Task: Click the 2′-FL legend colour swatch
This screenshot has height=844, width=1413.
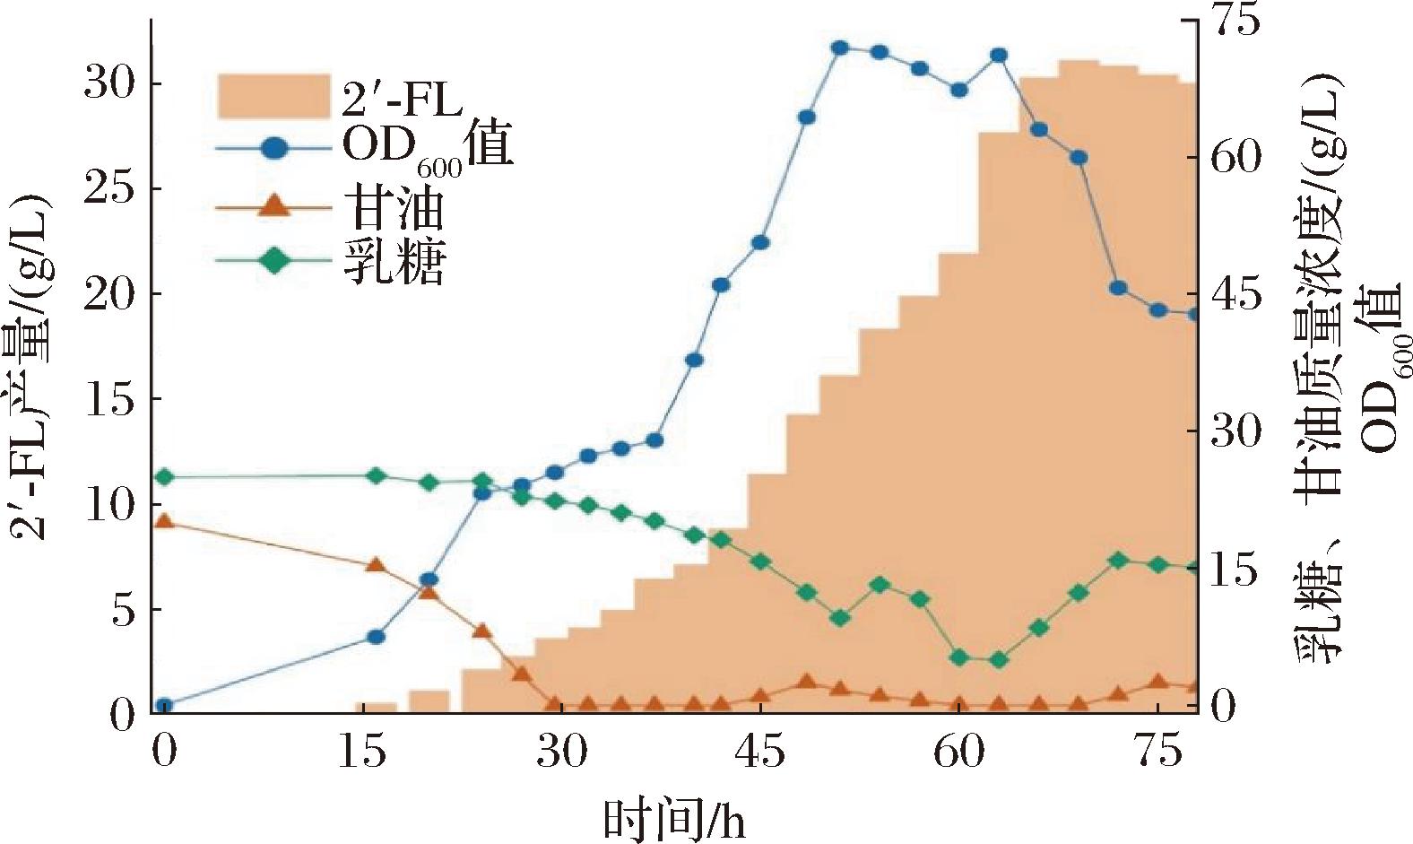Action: [274, 96]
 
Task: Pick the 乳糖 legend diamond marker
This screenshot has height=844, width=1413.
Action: [276, 261]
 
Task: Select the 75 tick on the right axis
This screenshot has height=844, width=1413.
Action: [1236, 22]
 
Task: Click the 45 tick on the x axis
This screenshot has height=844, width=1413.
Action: [762, 753]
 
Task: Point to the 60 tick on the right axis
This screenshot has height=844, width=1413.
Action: [1236, 157]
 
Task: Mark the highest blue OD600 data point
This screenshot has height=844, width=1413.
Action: [839, 48]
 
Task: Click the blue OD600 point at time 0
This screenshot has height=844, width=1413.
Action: [163, 706]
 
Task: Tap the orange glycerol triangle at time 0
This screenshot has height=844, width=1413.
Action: [163, 521]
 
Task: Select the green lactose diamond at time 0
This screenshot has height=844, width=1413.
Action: [163, 477]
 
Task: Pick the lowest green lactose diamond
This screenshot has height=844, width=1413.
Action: [999, 660]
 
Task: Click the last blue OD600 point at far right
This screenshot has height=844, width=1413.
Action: [1194, 314]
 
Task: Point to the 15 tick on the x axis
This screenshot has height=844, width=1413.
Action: [363, 753]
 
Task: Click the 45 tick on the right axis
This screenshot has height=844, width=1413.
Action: [1236, 295]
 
